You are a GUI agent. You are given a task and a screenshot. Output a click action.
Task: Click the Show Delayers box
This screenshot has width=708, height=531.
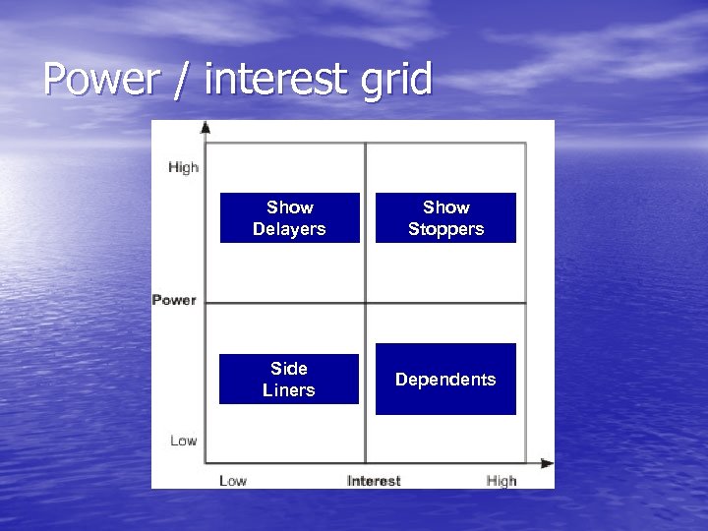pyautogui.click(x=289, y=217)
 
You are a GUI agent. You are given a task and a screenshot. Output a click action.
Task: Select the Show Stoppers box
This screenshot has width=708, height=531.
pyautogui.click(x=445, y=217)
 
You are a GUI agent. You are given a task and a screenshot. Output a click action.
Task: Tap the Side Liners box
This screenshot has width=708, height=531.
pyautogui.click(x=289, y=379)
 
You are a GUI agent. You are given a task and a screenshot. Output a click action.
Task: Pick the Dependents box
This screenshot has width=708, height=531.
pyautogui.click(x=445, y=379)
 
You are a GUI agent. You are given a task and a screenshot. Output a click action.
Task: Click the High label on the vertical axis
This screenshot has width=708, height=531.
pyautogui.click(x=183, y=167)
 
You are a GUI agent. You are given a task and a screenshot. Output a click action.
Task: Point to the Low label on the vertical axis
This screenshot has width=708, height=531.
pyautogui.click(x=183, y=441)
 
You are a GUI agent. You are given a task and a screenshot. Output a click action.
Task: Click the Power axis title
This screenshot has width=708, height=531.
pyautogui.click(x=174, y=300)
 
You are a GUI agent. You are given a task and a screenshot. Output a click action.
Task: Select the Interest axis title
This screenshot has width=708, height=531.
pyautogui.click(x=374, y=481)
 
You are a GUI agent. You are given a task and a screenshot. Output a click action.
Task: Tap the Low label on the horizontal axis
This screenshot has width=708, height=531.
pyautogui.click(x=233, y=481)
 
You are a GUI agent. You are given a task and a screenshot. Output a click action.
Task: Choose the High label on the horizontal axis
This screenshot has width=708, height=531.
pyautogui.click(x=501, y=481)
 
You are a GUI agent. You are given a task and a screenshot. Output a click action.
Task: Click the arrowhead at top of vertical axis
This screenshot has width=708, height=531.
pyautogui.click(x=206, y=127)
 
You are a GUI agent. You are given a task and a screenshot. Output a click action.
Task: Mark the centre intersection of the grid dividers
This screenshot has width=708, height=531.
pyautogui.click(x=366, y=303)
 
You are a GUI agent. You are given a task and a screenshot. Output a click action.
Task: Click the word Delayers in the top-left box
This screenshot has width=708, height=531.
pyautogui.click(x=289, y=229)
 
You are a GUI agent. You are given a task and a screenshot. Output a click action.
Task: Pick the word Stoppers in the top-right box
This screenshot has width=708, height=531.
pyautogui.click(x=445, y=229)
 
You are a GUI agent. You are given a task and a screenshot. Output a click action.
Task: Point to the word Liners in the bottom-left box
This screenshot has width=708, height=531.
pyautogui.click(x=289, y=390)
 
